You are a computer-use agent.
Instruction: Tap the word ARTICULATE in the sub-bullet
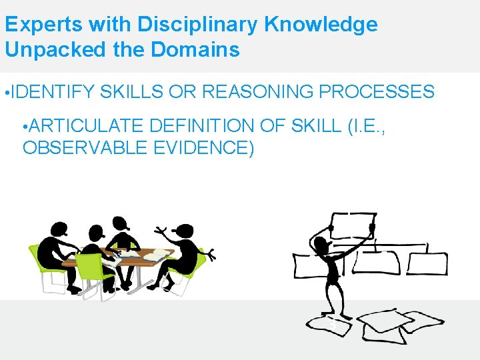(x=88, y=126)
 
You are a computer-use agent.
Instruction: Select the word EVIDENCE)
(x=203, y=148)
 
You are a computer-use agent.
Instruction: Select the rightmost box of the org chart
(x=427, y=264)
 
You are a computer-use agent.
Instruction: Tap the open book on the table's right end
(x=155, y=255)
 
